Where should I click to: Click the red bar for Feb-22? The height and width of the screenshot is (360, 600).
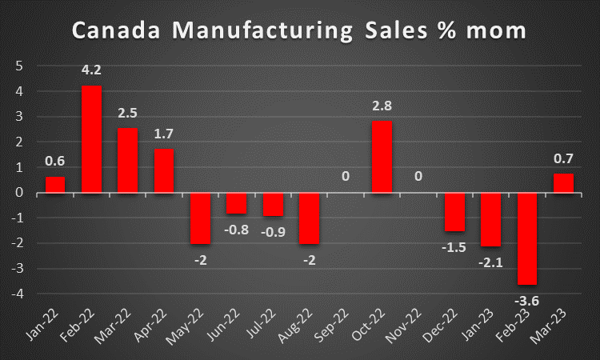pos(91,139)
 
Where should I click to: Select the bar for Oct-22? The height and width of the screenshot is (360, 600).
pos(382,157)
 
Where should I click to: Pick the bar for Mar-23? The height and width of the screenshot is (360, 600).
pos(565,184)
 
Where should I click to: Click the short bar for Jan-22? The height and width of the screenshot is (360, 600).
pos(54,185)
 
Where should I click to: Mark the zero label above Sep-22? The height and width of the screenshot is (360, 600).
pos(346,174)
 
